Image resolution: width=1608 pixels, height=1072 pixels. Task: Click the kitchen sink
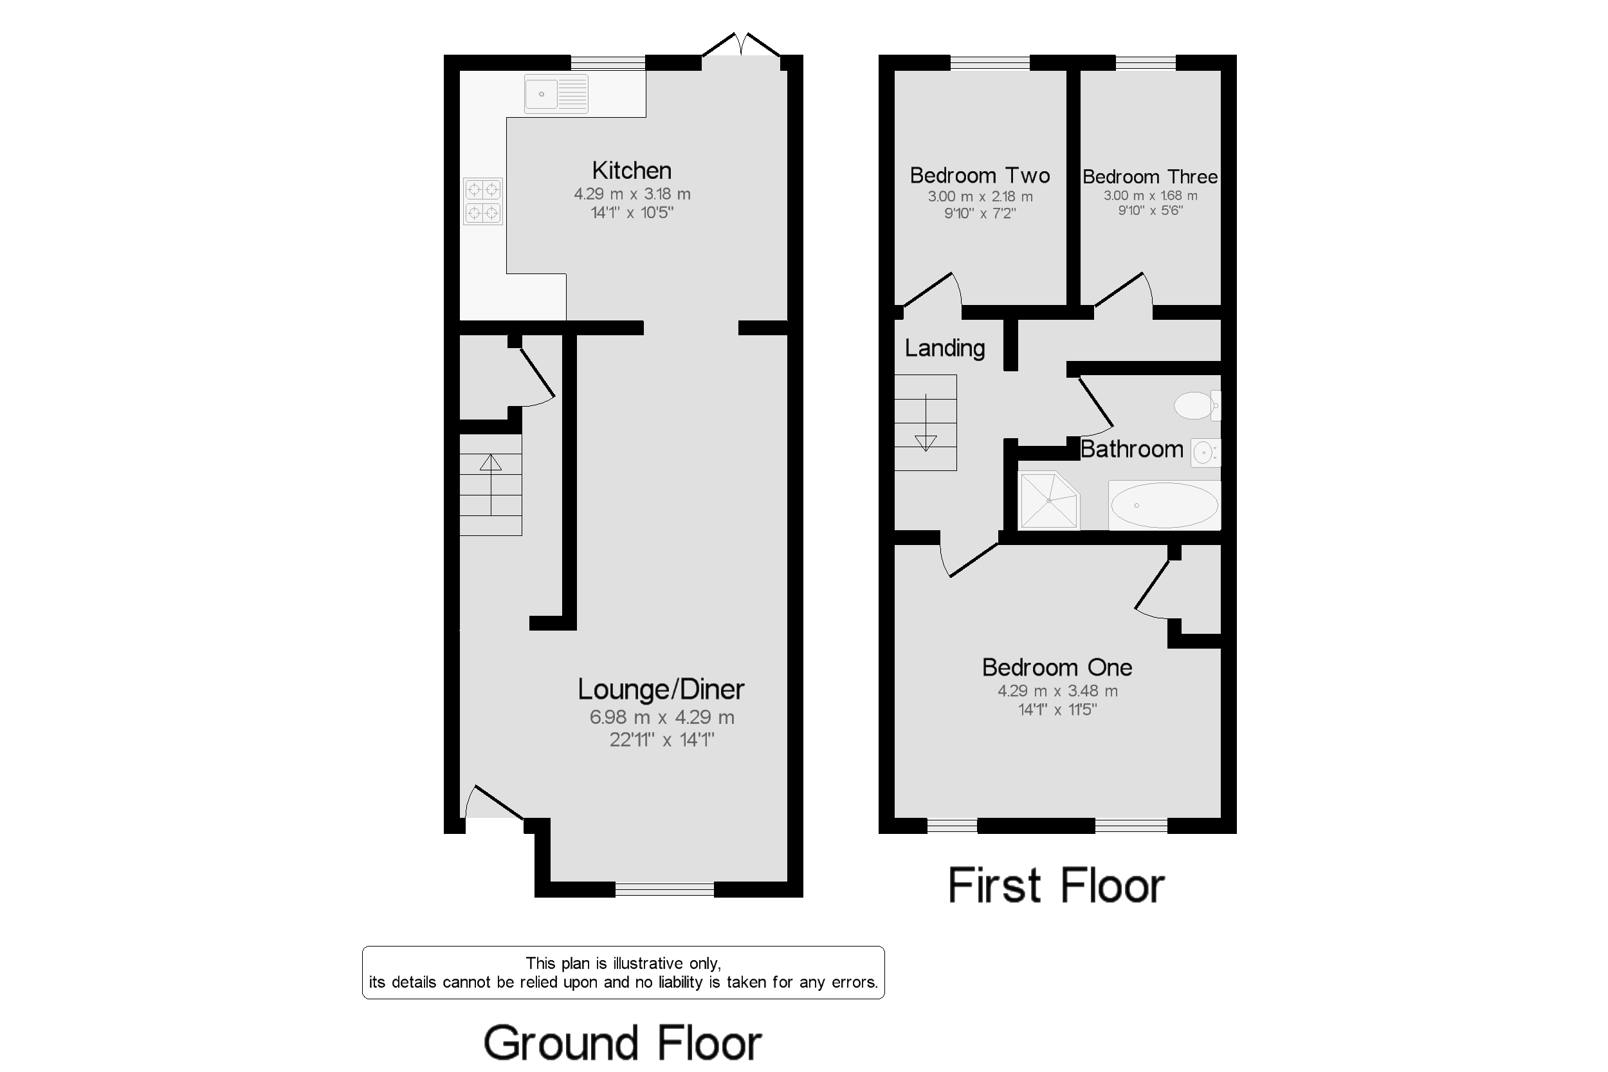point(556,94)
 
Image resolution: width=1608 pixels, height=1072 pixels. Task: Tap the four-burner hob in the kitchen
point(483,201)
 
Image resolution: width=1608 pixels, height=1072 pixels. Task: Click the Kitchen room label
point(632,171)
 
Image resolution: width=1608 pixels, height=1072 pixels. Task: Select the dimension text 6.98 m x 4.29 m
point(661,717)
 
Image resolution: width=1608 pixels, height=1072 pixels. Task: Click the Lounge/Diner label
point(661,689)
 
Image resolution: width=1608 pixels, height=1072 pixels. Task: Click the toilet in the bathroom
point(1195,405)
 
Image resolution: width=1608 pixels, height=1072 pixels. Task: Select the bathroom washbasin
point(1205,452)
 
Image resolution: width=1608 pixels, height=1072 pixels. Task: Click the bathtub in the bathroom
point(1164,505)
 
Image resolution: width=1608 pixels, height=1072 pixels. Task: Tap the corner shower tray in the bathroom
point(1048,501)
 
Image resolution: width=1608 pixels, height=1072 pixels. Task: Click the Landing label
point(944,348)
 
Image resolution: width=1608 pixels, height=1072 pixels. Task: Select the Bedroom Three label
point(1149,177)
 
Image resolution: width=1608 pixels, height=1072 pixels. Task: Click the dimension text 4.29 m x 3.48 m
point(1057,691)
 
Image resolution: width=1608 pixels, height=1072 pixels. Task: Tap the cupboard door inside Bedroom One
point(1153,584)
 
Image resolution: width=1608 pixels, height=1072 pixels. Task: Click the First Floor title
point(1056,886)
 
